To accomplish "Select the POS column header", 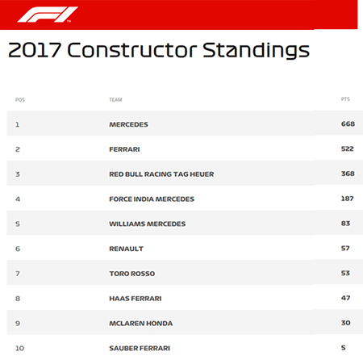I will [20, 100].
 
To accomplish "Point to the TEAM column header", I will [115, 100].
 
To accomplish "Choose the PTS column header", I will [345, 100].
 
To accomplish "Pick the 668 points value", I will [348, 124].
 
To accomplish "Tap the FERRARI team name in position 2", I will [125, 149].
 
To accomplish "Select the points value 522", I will [348, 149].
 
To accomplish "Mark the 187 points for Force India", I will [348, 199].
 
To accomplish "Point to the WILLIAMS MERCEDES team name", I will [147, 224].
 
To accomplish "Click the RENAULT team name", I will [126, 249].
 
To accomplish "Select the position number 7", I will [19, 274].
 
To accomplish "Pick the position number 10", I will [20, 349].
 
